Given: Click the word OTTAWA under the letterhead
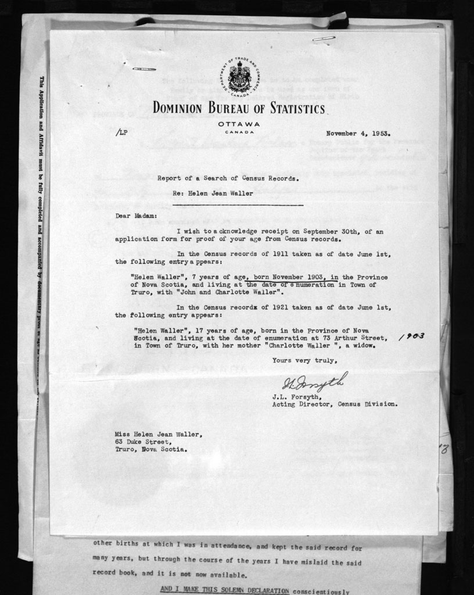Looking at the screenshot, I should tap(239, 124).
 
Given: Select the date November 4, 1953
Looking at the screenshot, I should tap(358, 133).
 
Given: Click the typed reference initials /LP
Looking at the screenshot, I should tap(122, 133).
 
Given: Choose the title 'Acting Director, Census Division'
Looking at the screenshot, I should tap(335, 404).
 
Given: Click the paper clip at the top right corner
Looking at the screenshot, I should tap(324, 38).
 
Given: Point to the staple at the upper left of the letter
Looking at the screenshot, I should tap(141, 69).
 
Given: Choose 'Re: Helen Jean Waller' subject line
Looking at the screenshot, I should tap(213, 193).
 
